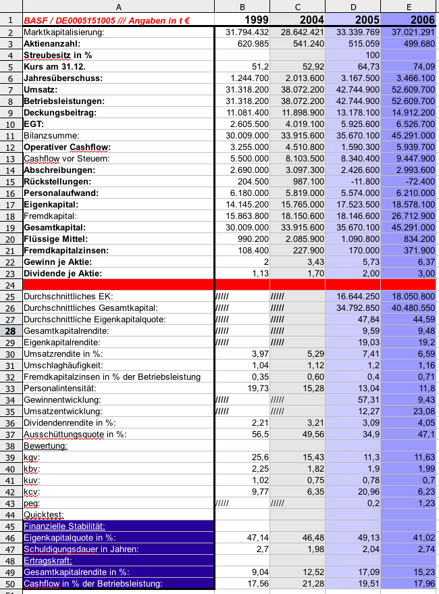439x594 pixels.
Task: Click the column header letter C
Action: pos(297,6)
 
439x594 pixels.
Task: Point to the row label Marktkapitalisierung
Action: pos(63,32)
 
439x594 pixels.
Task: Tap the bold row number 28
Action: pos(11,331)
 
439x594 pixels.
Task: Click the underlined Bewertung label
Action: pos(45,446)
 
